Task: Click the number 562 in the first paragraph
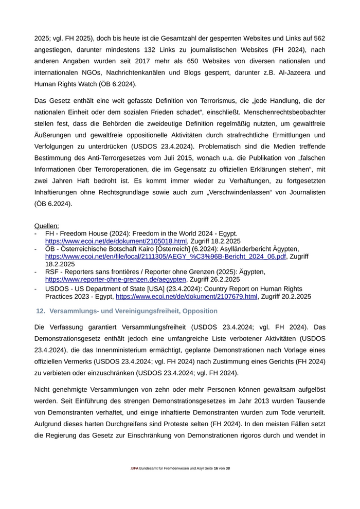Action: click(x=319, y=38)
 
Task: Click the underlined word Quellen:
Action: click(x=46, y=226)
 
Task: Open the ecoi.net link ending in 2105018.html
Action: click(x=116, y=241)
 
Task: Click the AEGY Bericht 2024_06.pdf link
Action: click(x=165, y=256)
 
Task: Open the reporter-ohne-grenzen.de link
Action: click(x=116, y=279)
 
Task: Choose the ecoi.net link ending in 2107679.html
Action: click(x=186, y=297)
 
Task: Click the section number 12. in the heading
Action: click(x=41, y=311)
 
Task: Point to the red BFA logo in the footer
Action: click(x=135, y=468)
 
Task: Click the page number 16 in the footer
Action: click(x=216, y=468)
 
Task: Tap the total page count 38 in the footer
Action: click(x=228, y=468)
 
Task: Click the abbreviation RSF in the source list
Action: click(x=52, y=271)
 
